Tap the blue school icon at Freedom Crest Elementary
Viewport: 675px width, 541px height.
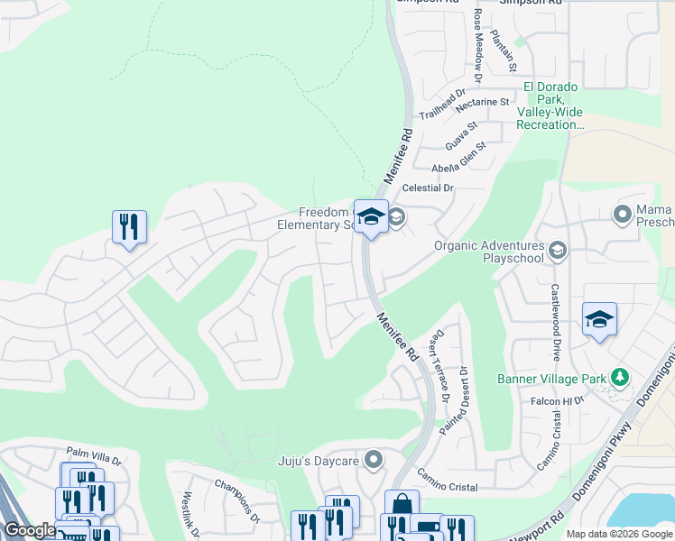tap(371, 217)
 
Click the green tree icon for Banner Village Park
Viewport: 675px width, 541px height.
tap(619, 377)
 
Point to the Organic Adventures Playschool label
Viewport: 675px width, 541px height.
tap(489, 252)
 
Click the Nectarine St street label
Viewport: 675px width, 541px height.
tap(483, 104)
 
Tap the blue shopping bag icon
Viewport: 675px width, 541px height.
tap(402, 506)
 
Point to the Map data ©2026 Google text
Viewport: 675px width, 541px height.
tap(619, 534)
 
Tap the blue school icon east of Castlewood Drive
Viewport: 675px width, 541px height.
tap(599, 319)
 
